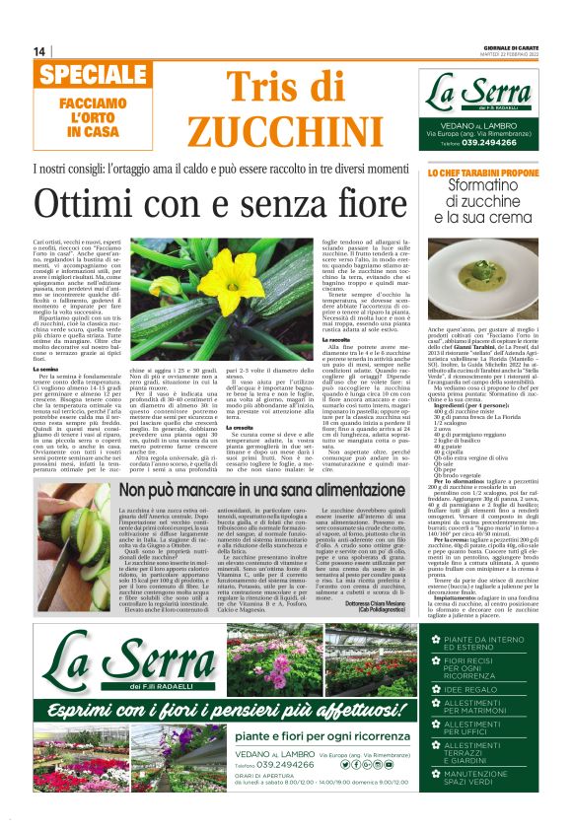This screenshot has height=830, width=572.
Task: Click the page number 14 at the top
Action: [x=39, y=51]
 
